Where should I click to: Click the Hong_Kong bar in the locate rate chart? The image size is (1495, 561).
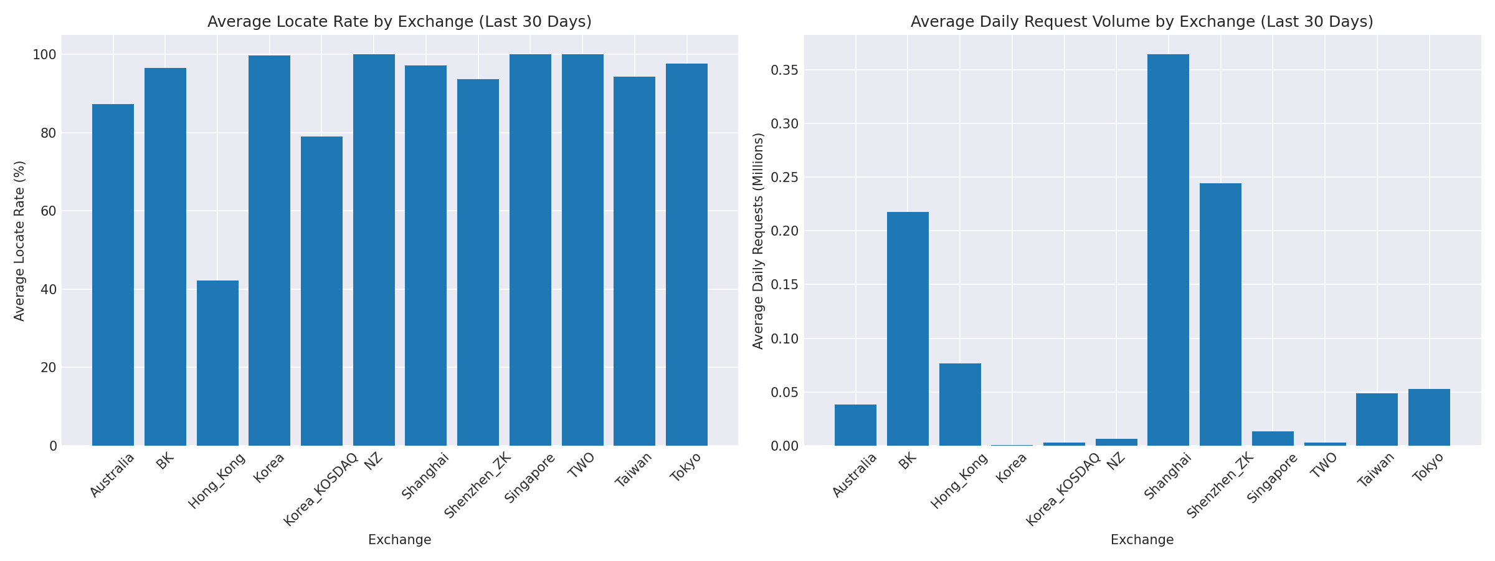[217, 363]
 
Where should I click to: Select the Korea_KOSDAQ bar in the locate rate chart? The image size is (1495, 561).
[321, 291]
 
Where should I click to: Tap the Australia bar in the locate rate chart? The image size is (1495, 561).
[113, 275]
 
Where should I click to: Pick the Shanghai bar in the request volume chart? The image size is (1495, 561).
[1168, 250]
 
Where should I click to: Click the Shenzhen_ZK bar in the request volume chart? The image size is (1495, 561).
[1220, 314]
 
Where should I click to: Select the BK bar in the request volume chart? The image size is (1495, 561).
[908, 328]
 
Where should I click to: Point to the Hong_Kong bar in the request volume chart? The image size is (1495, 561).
[960, 405]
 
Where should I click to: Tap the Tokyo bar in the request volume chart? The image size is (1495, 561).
[1429, 417]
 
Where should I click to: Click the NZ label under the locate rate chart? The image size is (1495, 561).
[374, 461]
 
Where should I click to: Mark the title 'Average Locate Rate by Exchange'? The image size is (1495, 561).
[399, 22]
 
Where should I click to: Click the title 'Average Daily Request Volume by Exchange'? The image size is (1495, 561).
[1142, 22]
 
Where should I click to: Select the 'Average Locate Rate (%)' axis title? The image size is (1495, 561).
[20, 241]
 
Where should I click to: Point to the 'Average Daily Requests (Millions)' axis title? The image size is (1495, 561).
[758, 241]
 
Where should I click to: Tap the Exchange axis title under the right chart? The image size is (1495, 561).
[1142, 540]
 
